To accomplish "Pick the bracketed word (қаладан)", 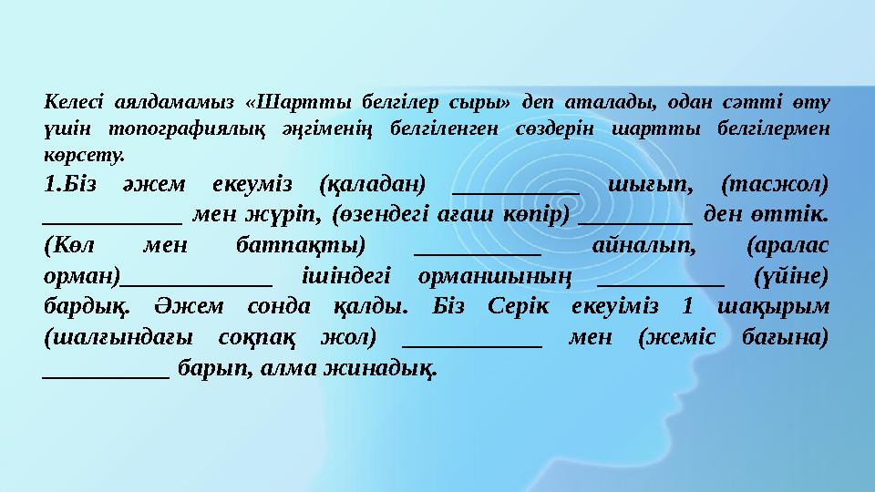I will [x=374, y=185].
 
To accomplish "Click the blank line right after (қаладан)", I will [x=515, y=191].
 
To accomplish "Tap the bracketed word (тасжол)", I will [x=774, y=185].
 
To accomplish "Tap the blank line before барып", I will [x=106, y=375].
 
